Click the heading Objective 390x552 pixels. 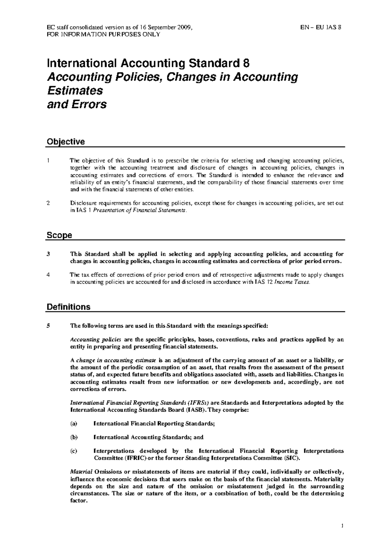tap(66, 142)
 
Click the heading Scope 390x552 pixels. tap(59, 235)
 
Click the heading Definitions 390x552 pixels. tap(69, 307)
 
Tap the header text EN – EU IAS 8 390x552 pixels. tap(320, 27)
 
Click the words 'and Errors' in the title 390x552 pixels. tap(77, 105)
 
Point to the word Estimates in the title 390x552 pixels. tap(75, 91)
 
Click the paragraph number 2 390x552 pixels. tap(48, 203)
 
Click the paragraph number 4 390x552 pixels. tap(48, 275)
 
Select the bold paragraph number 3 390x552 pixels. tap(48, 254)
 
